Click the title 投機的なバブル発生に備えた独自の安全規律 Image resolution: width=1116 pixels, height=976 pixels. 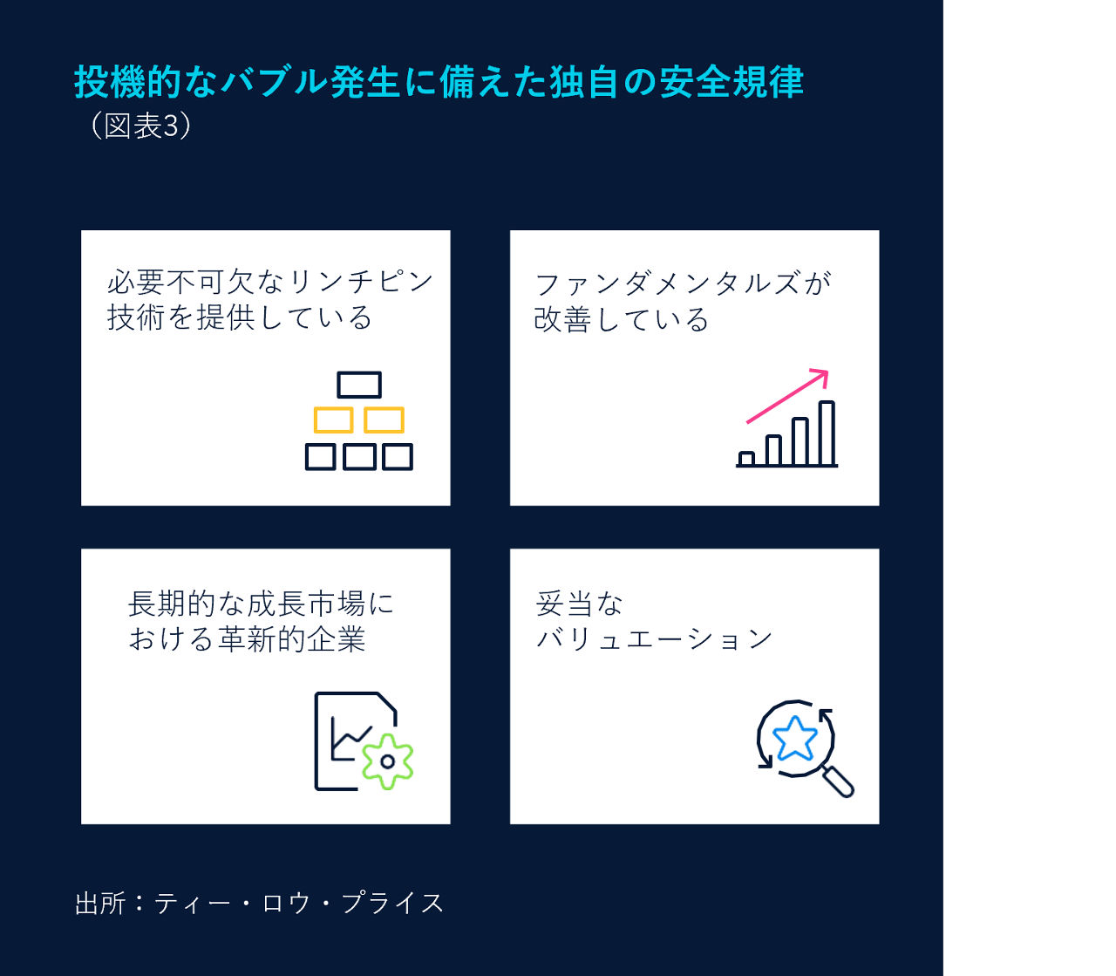tap(439, 82)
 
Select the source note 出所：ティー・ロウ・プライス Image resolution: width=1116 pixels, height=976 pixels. tap(259, 903)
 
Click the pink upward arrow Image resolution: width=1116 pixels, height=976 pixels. tap(787, 397)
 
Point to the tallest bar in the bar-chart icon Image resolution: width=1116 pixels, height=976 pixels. tap(827, 433)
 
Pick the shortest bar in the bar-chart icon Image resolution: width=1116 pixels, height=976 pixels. tap(746, 458)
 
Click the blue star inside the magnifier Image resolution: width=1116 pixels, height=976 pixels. tap(795, 739)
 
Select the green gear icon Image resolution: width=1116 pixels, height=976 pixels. tap(387, 761)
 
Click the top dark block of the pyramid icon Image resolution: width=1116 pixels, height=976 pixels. tap(359, 385)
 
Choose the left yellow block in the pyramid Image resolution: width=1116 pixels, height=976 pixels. tap(333, 420)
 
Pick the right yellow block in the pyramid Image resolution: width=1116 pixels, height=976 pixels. tap(384, 420)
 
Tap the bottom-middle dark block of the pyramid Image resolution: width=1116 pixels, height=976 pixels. tap(359, 457)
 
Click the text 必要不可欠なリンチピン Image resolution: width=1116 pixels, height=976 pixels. tap(270, 282)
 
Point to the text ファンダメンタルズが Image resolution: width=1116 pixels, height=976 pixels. tap(683, 283)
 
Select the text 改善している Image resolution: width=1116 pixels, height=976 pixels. tap(621, 319)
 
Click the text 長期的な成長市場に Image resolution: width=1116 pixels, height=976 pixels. tap(261, 604)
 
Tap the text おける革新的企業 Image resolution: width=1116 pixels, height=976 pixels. tap(247, 639)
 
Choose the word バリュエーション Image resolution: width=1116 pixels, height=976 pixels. tap(654, 639)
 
